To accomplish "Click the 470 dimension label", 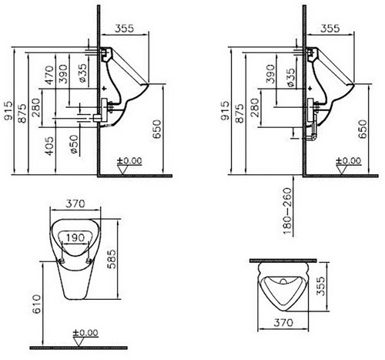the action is [49, 76].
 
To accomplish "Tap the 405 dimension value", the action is [49, 146].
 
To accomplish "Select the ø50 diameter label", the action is [74, 144].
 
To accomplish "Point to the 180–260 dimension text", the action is [287, 211].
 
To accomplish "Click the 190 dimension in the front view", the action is [75, 237].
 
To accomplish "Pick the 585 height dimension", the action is [112, 259].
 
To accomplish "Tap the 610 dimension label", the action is [37, 304].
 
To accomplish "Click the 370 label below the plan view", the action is [283, 322].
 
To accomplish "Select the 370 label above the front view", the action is [75, 204].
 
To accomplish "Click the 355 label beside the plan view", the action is [321, 286].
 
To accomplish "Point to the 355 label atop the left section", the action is [124, 29].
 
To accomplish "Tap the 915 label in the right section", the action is [225, 110].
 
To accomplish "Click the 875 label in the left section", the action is [22, 113].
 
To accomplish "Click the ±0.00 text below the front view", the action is [85, 333].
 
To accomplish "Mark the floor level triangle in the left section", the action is [122, 170].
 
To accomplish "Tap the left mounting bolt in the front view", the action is [62, 261].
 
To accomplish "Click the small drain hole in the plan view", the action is [283, 281].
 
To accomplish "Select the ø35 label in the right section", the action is [290, 78].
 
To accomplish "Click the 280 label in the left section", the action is [36, 107].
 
